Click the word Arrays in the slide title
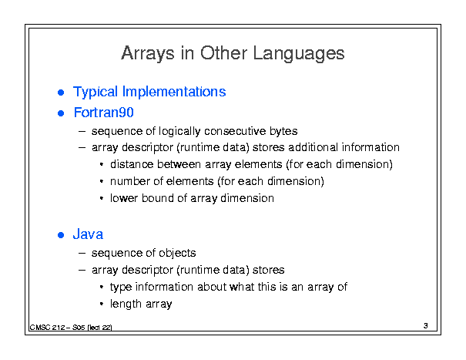(x=148, y=54)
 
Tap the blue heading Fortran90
(x=104, y=113)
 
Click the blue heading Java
(x=88, y=234)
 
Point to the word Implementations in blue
(x=174, y=92)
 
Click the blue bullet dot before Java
(x=61, y=235)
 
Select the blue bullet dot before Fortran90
(x=61, y=113)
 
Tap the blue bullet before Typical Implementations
(x=61, y=93)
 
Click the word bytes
(x=283, y=131)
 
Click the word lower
(x=124, y=198)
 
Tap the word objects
(x=177, y=253)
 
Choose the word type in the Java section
(x=121, y=288)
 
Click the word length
(x=126, y=304)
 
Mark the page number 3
(x=426, y=326)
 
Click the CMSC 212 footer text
(x=71, y=328)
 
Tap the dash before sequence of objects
(x=82, y=253)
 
